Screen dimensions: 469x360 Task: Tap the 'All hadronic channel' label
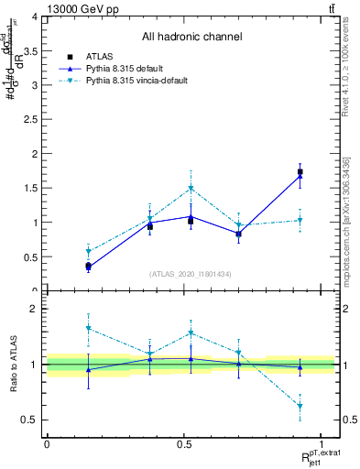191,38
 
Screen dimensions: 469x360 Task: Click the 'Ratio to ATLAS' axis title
14,364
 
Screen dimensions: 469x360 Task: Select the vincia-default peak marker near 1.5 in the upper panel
191,189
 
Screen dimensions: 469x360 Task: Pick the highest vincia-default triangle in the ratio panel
88,328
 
